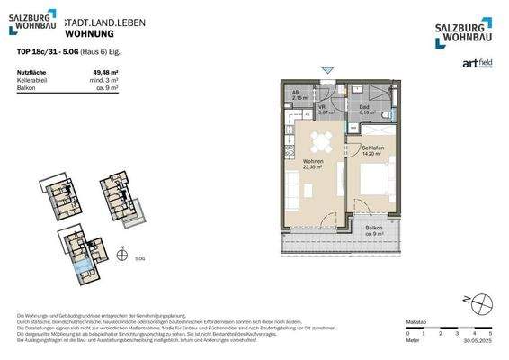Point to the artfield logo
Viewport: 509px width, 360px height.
[477, 62]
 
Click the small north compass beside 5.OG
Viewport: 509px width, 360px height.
[121, 249]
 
